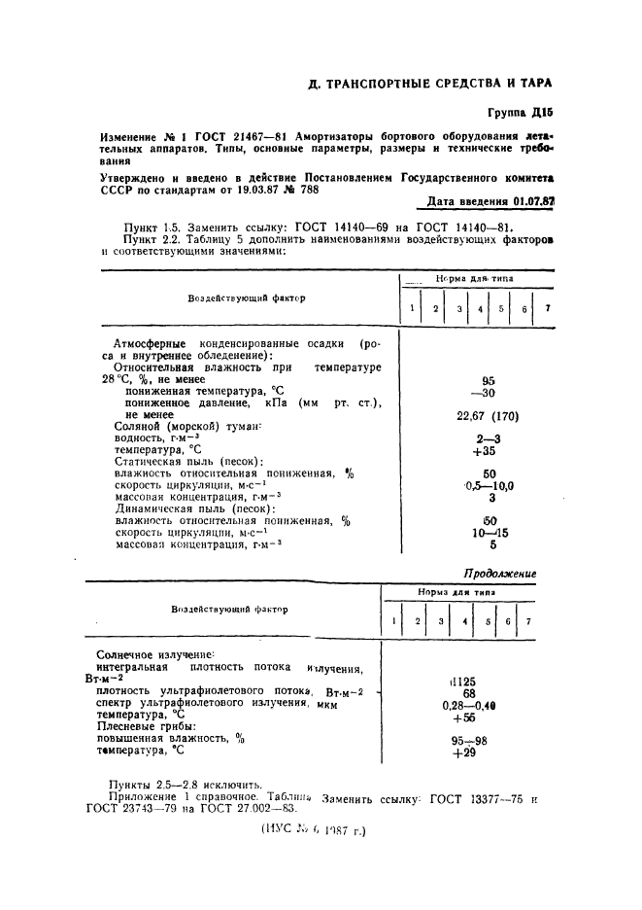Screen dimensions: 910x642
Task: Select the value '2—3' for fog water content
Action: (x=489, y=438)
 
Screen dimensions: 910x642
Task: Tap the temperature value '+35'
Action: (x=488, y=450)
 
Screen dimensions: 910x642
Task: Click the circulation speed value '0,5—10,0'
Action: (x=489, y=485)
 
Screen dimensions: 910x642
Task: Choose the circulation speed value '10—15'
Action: (x=489, y=532)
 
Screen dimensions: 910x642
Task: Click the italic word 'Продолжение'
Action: (x=499, y=574)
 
